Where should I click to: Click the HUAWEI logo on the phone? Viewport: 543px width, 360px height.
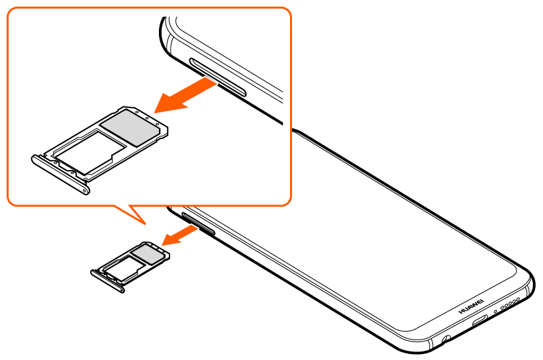tap(471, 306)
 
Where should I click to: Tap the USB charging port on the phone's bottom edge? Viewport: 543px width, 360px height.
tap(479, 320)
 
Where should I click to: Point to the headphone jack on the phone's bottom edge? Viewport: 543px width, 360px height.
tap(446, 339)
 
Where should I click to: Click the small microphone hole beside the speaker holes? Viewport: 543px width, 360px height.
tap(495, 311)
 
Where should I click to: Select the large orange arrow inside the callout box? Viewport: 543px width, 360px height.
tap(185, 95)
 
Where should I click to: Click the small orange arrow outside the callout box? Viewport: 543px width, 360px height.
tap(180, 235)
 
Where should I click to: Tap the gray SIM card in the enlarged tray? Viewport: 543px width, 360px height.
tap(131, 127)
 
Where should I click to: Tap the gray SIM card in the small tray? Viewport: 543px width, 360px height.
tap(148, 253)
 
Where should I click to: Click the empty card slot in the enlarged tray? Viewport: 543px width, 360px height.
tap(89, 152)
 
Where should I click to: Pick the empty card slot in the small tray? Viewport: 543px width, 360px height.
tap(124, 268)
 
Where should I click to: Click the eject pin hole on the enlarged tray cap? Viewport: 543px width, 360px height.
tap(83, 189)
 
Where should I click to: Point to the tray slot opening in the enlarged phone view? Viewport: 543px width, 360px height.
tap(218, 77)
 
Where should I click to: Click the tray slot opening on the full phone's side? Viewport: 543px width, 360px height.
tap(198, 224)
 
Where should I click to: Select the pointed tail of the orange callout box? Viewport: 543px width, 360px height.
tap(145, 224)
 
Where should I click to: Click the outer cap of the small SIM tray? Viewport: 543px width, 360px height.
tap(107, 281)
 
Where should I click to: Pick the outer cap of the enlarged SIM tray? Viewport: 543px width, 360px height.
tap(61, 175)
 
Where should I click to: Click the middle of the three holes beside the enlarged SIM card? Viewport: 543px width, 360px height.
tap(147, 118)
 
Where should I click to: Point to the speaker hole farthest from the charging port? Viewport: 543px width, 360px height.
tap(518, 298)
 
